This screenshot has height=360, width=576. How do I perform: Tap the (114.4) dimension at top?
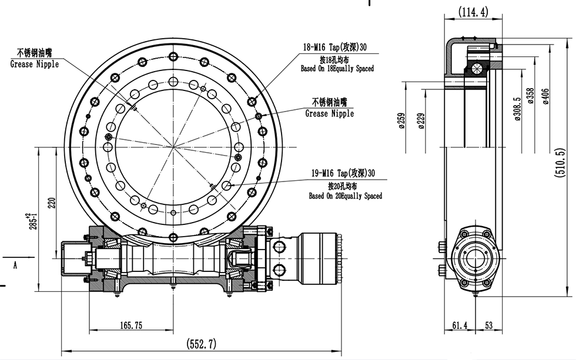click(474, 12)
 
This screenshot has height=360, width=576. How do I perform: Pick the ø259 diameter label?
click(401, 120)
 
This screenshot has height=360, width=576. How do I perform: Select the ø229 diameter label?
click(420, 120)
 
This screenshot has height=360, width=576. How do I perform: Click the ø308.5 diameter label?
click(517, 109)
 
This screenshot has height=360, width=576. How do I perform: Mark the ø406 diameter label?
click(546, 94)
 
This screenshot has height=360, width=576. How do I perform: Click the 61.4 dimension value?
click(459, 325)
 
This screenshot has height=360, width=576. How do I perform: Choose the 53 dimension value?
click(489, 325)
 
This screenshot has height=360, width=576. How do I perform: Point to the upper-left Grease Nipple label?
click(35, 64)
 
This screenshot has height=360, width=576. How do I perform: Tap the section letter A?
click(15, 265)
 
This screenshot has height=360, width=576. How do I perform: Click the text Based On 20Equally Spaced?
click(345, 196)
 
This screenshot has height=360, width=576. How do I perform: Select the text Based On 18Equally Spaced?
click(337, 69)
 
